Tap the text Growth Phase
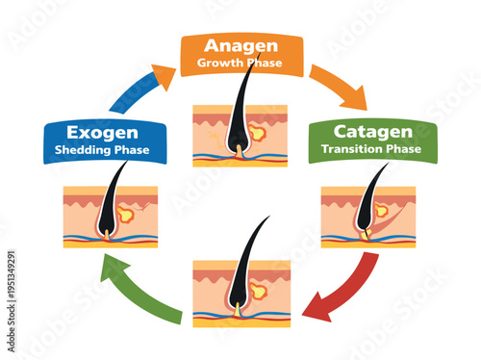(240, 64)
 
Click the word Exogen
(103, 132)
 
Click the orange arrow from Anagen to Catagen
(340, 87)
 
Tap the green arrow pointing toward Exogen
(144, 288)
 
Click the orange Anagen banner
(240, 55)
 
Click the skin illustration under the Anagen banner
(240, 135)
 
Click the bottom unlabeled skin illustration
(241, 293)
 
